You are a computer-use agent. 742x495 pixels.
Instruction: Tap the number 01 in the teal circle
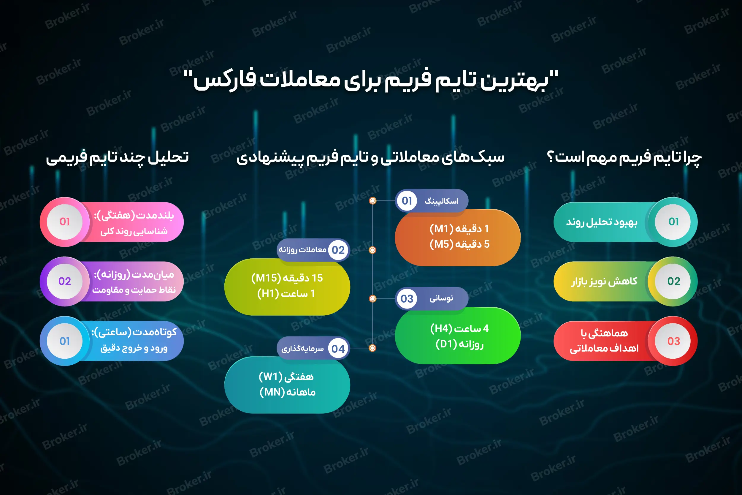click(x=673, y=222)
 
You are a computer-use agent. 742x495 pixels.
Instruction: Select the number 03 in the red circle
click(x=673, y=341)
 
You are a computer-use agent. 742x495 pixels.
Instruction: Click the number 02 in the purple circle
click(x=65, y=281)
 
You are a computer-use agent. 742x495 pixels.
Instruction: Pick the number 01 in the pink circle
click(x=65, y=222)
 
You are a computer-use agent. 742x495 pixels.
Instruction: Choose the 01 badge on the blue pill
click(x=65, y=341)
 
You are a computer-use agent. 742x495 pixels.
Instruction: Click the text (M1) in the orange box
click(x=440, y=229)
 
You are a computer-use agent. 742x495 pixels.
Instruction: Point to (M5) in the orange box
click(x=441, y=244)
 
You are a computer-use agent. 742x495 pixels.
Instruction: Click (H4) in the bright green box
click(x=441, y=329)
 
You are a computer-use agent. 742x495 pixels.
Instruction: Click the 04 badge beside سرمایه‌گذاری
click(x=338, y=349)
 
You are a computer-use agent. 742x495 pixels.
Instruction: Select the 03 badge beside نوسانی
click(x=407, y=299)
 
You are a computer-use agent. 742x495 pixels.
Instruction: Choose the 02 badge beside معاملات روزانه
click(x=338, y=250)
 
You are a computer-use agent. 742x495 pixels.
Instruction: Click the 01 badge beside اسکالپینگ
click(x=407, y=201)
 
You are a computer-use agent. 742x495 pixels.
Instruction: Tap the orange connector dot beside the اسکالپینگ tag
click(x=372, y=201)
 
